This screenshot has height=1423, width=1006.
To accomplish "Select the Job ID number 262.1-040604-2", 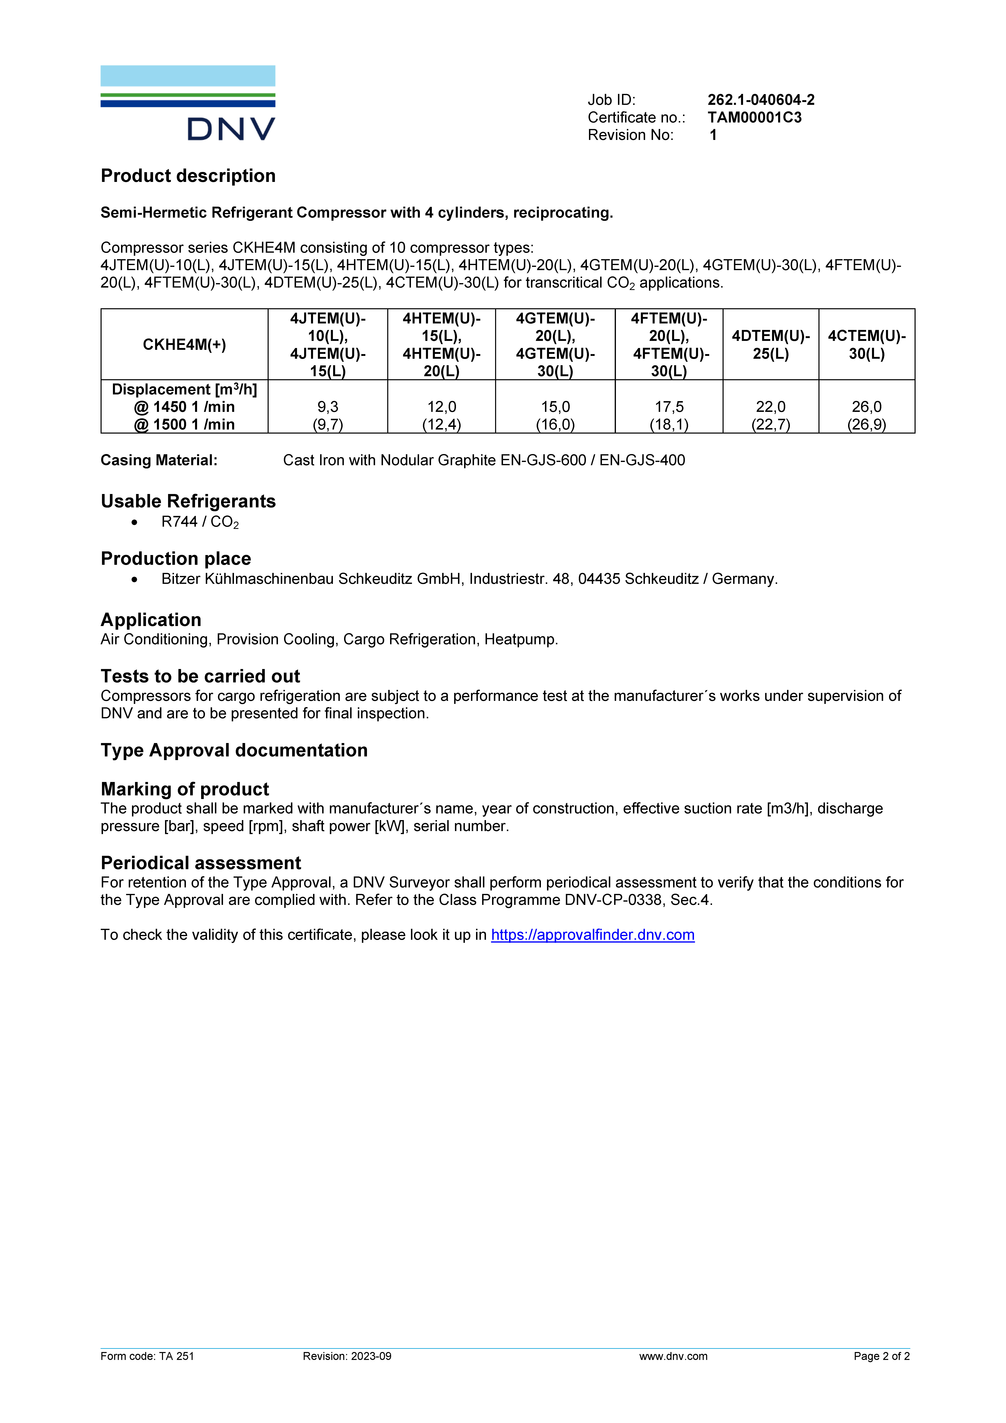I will (x=761, y=100).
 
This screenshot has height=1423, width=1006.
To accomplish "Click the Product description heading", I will (x=188, y=176).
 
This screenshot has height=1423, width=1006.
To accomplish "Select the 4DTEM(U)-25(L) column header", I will (x=771, y=345).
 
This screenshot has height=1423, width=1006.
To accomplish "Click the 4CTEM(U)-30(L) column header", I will (x=867, y=345).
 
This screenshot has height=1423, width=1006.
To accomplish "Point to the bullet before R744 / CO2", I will (x=134, y=522).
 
